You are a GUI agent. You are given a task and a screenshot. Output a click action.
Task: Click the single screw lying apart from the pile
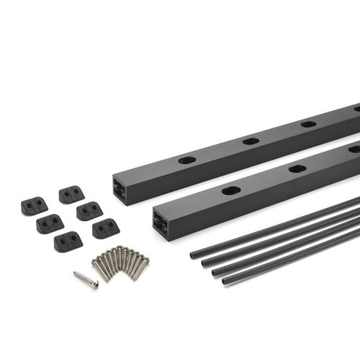pyautogui.click(x=86, y=279)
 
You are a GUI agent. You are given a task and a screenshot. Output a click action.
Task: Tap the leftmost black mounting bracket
pyautogui.click(x=34, y=205)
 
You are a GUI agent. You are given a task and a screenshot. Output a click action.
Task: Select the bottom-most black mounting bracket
pyautogui.click(x=67, y=240)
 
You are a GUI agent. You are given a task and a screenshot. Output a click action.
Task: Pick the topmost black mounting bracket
pyautogui.click(x=71, y=194)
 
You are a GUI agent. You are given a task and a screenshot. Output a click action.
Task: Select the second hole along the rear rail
pyautogui.click(x=251, y=140)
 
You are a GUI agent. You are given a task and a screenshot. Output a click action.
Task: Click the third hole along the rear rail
pyautogui.click(x=308, y=124)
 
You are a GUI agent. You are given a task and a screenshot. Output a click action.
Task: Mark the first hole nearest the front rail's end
pyautogui.click(x=231, y=191)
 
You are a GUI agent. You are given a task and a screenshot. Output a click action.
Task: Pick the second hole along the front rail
pyautogui.click(x=297, y=168)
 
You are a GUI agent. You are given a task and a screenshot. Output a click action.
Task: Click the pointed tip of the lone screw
pyautogui.click(x=74, y=274)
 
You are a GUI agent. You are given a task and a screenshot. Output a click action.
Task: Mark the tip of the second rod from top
pyautogui.click(x=202, y=262)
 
